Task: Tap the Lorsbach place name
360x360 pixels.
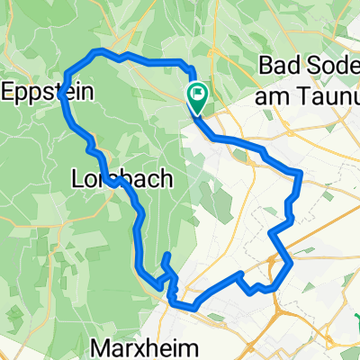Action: [109, 179]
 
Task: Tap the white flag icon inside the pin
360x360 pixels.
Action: [196, 92]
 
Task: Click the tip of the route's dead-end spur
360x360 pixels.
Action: [166, 257]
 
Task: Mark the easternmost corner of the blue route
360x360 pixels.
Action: [300, 173]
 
